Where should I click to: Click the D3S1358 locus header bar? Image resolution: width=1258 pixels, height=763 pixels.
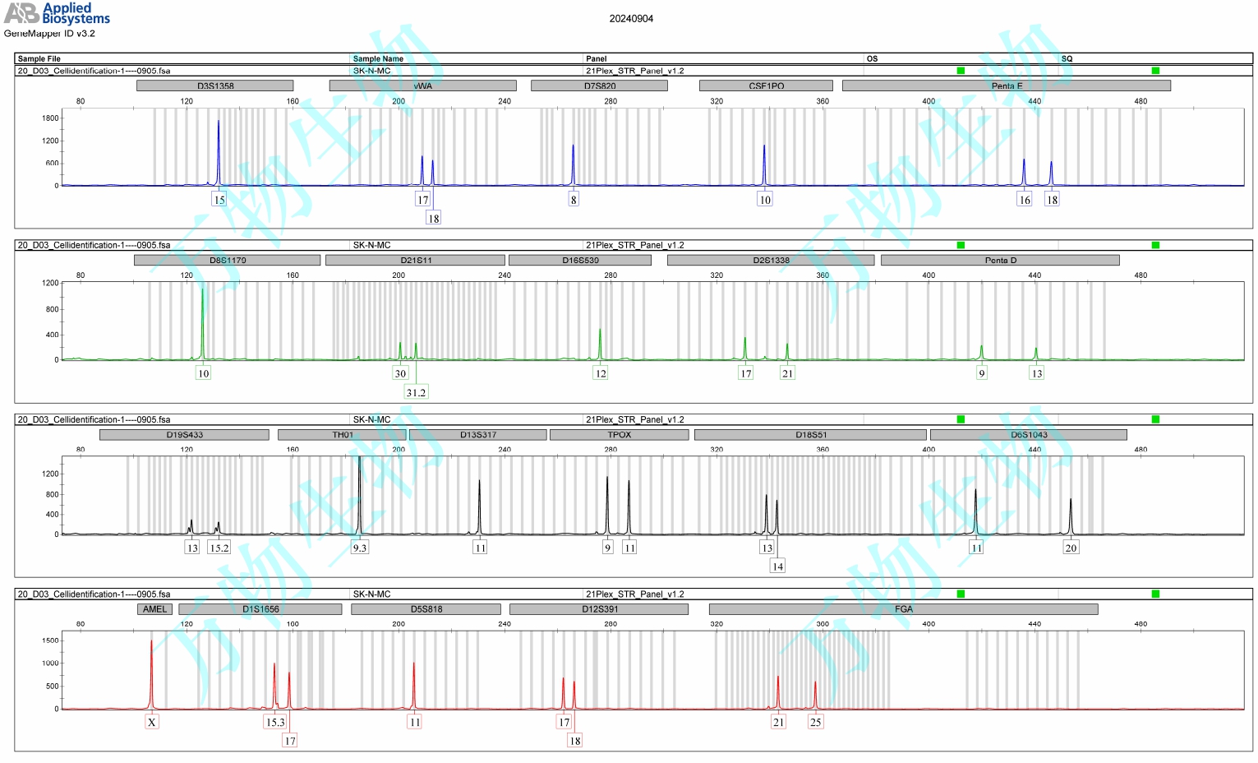(214, 86)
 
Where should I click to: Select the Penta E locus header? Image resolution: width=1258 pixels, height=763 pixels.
(1006, 86)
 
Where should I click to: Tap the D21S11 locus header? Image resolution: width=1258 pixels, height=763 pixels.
(415, 260)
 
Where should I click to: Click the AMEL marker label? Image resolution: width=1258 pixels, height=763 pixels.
(154, 609)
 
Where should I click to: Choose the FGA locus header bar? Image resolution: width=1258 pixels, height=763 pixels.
(903, 609)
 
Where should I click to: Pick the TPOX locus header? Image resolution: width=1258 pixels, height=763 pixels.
(619, 435)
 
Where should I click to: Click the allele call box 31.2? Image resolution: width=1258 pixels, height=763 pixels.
(416, 392)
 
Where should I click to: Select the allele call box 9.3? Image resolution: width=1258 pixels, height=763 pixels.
(360, 548)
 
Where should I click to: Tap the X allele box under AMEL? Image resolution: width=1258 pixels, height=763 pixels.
(152, 722)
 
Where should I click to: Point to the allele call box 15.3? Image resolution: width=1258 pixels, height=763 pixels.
(275, 722)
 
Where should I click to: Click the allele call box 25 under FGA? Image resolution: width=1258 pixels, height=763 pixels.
(815, 722)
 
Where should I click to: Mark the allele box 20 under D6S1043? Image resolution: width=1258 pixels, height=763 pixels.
(1071, 548)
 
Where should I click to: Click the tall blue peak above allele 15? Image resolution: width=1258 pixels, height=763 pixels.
(219, 148)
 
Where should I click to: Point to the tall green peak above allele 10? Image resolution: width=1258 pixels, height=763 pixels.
(203, 321)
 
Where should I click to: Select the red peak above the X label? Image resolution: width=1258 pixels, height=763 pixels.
(151, 670)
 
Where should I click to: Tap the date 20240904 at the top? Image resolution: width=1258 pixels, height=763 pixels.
(631, 19)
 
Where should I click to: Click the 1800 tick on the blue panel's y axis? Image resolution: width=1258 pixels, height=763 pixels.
(50, 118)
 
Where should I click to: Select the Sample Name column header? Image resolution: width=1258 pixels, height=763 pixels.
(378, 59)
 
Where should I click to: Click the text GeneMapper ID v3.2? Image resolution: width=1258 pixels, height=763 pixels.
(49, 34)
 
